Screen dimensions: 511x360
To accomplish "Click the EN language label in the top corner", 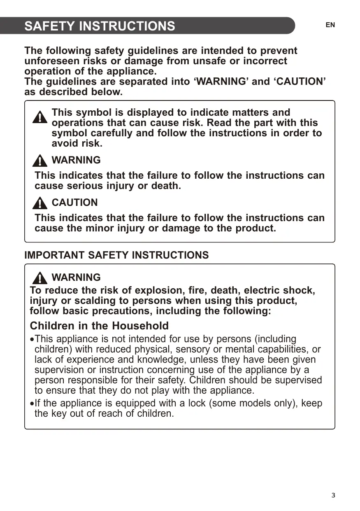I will (x=330, y=25).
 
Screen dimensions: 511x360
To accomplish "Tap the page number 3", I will (x=333, y=495).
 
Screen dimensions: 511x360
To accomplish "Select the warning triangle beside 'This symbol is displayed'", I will (x=40, y=117).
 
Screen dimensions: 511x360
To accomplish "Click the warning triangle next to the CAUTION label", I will (x=40, y=203).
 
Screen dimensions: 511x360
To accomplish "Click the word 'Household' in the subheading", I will (x=140, y=326).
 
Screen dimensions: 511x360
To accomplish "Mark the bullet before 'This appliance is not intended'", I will (x=32, y=340).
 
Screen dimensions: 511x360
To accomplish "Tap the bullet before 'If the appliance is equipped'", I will (x=32, y=404).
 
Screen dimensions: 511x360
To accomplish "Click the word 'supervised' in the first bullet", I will (x=300, y=380).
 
